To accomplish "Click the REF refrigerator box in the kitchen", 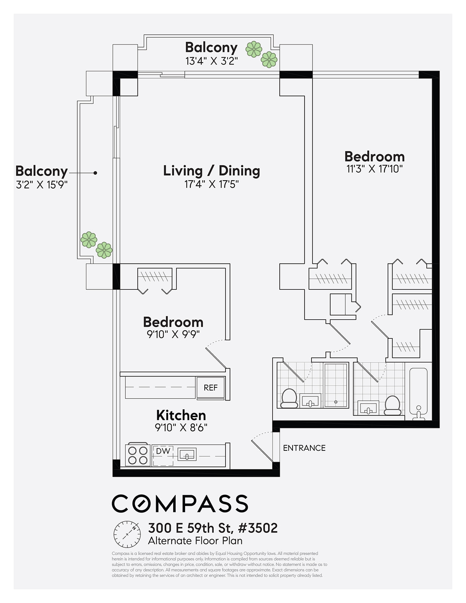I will tap(210, 387).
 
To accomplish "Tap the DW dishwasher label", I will tap(163, 451).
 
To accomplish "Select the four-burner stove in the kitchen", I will tap(138, 455).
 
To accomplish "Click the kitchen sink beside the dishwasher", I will tap(187, 455).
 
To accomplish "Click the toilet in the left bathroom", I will tap(289, 398).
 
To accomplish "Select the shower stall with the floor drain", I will tap(336, 385).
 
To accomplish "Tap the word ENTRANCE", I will tap(304, 448).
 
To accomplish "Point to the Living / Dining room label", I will tap(212, 171).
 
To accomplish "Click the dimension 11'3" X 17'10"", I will tap(374, 169).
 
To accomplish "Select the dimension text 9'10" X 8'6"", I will tap(181, 427).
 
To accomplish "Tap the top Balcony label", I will tap(211, 47).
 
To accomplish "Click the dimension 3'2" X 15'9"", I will tap(41, 185).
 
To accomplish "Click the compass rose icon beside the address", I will tap(127, 534).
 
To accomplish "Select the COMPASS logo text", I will tap(180, 504).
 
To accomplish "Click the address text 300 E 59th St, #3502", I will tap(213, 528).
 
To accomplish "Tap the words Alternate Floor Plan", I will tap(195, 540).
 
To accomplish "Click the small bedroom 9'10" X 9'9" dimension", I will tap(173, 334).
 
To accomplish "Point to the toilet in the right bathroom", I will tap(392, 405).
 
